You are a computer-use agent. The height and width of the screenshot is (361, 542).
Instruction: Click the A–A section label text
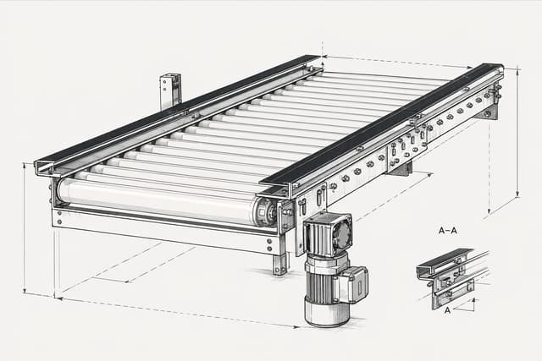[x=447, y=231]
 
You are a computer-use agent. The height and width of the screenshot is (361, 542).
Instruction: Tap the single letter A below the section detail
[x=447, y=310]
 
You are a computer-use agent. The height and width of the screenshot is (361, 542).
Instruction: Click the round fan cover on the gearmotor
[x=342, y=232]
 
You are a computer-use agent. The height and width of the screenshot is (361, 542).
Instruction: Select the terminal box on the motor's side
[x=354, y=284]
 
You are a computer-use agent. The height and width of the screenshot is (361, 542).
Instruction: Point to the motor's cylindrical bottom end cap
[x=327, y=312]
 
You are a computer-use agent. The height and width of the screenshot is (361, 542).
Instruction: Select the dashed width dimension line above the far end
[x=398, y=62]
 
